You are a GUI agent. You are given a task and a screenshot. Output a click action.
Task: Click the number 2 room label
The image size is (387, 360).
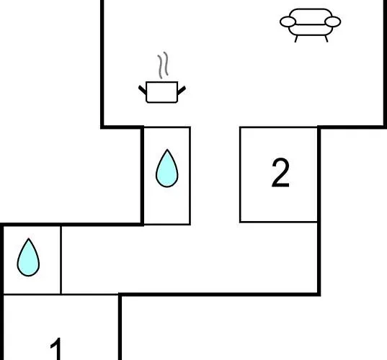280,173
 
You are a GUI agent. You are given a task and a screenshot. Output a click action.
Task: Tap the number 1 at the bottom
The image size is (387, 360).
56,349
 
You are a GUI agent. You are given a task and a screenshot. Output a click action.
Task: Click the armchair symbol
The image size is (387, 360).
310,25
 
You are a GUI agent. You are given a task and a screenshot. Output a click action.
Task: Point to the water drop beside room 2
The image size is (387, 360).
167,168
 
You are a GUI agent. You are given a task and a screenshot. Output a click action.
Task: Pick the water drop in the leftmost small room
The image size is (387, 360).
28,257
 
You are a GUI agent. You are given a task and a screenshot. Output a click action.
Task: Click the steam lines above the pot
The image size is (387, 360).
163,65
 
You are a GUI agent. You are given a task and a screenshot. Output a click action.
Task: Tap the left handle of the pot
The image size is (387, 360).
143,90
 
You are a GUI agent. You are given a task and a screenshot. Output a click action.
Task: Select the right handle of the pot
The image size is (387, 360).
182,90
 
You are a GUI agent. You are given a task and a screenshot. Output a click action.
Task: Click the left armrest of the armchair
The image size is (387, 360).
288,22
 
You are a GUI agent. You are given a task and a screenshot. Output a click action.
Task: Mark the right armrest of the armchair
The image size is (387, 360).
333,22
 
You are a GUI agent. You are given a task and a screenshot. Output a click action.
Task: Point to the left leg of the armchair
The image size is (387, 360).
296,39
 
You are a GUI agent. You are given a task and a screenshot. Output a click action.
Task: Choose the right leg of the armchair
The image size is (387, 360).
326,39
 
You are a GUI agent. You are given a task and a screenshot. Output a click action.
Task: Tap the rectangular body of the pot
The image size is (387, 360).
162,92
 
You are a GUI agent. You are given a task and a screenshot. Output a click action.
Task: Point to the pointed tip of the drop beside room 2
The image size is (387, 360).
167,150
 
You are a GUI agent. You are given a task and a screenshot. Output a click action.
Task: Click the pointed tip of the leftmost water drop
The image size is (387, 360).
29,238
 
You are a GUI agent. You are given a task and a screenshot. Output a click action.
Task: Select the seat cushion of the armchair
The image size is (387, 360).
311,30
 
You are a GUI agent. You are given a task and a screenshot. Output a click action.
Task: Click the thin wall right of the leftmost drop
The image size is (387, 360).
61,260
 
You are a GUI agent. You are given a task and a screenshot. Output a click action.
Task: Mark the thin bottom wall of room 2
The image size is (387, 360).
278,222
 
